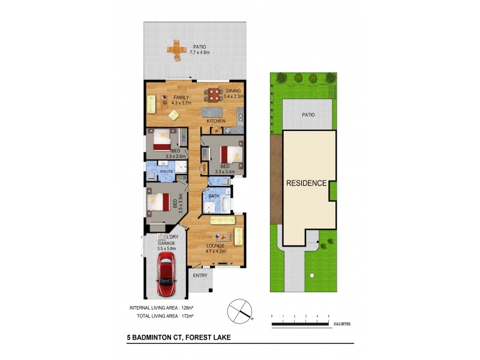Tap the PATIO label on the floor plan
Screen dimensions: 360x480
tap(200, 46)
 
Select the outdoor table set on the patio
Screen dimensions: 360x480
tap(176, 50)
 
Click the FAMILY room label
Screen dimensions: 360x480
tap(181, 97)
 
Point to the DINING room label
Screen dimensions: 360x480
tap(232, 91)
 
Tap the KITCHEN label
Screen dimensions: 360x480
tap(216, 121)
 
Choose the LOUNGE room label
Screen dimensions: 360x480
tap(215, 246)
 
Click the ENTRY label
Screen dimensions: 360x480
tap(200, 275)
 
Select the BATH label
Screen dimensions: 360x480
tap(214, 196)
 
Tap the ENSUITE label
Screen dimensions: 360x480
tap(166, 172)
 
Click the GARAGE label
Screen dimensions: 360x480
tap(166, 243)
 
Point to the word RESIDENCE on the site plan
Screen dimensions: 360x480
tap(306, 183)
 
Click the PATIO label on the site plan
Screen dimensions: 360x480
tap(308, 115)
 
